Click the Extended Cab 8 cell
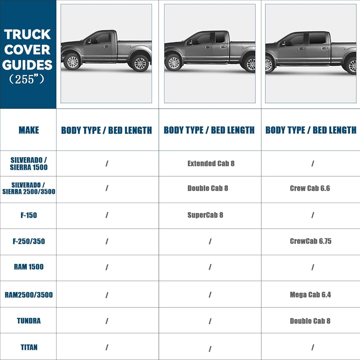pyautogui.click(x=211, y=163)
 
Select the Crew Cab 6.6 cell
pyautogui.click(x=310, y=188)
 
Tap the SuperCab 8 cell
pyautogui.click(x=205, y=215)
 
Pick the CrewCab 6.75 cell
pyautogui.click(x=310, y=241)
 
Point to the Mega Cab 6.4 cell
pyautogui.click(x=310, y=295)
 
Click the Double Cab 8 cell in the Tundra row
pyautogui.click(x=310, y=321)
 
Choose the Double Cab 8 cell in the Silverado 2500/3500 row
pyautogui.click(x=208, y=188)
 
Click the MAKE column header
pyautogui.click(x=28, y=130)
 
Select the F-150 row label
pyautogui.click(x=28, y=215)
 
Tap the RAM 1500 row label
pyautogui.click(x=28, y=267)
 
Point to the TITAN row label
pyautogui.click(x=28, y=347)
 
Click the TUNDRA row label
pyautogui.click(x=28, y=321)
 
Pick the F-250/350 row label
pyautogui.click(x=28, y=241)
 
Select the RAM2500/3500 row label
pyautogui.click(x=28, y=295)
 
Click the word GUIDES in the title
pyautogui.click(x=28, y=65)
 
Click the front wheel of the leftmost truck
pyautogui.click(x=73, y=62)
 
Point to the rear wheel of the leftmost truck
pyautogui.click(x=140, y=63)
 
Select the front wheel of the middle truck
pyautogui.click(x=174, y=63)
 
